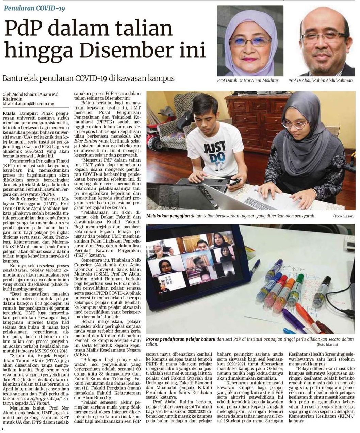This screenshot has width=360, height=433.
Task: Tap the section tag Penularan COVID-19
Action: [x=34, y=7]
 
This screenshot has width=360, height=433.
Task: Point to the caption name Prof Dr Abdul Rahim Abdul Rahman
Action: [x=320, y=81]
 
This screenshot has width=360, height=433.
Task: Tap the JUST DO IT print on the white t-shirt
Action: [x=214, y=152]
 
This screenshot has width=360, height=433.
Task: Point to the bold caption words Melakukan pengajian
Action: [x=168, y=216]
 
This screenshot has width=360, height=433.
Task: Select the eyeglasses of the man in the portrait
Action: [x=321, y=37]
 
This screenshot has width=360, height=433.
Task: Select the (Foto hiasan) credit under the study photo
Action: [x=344, y=216]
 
